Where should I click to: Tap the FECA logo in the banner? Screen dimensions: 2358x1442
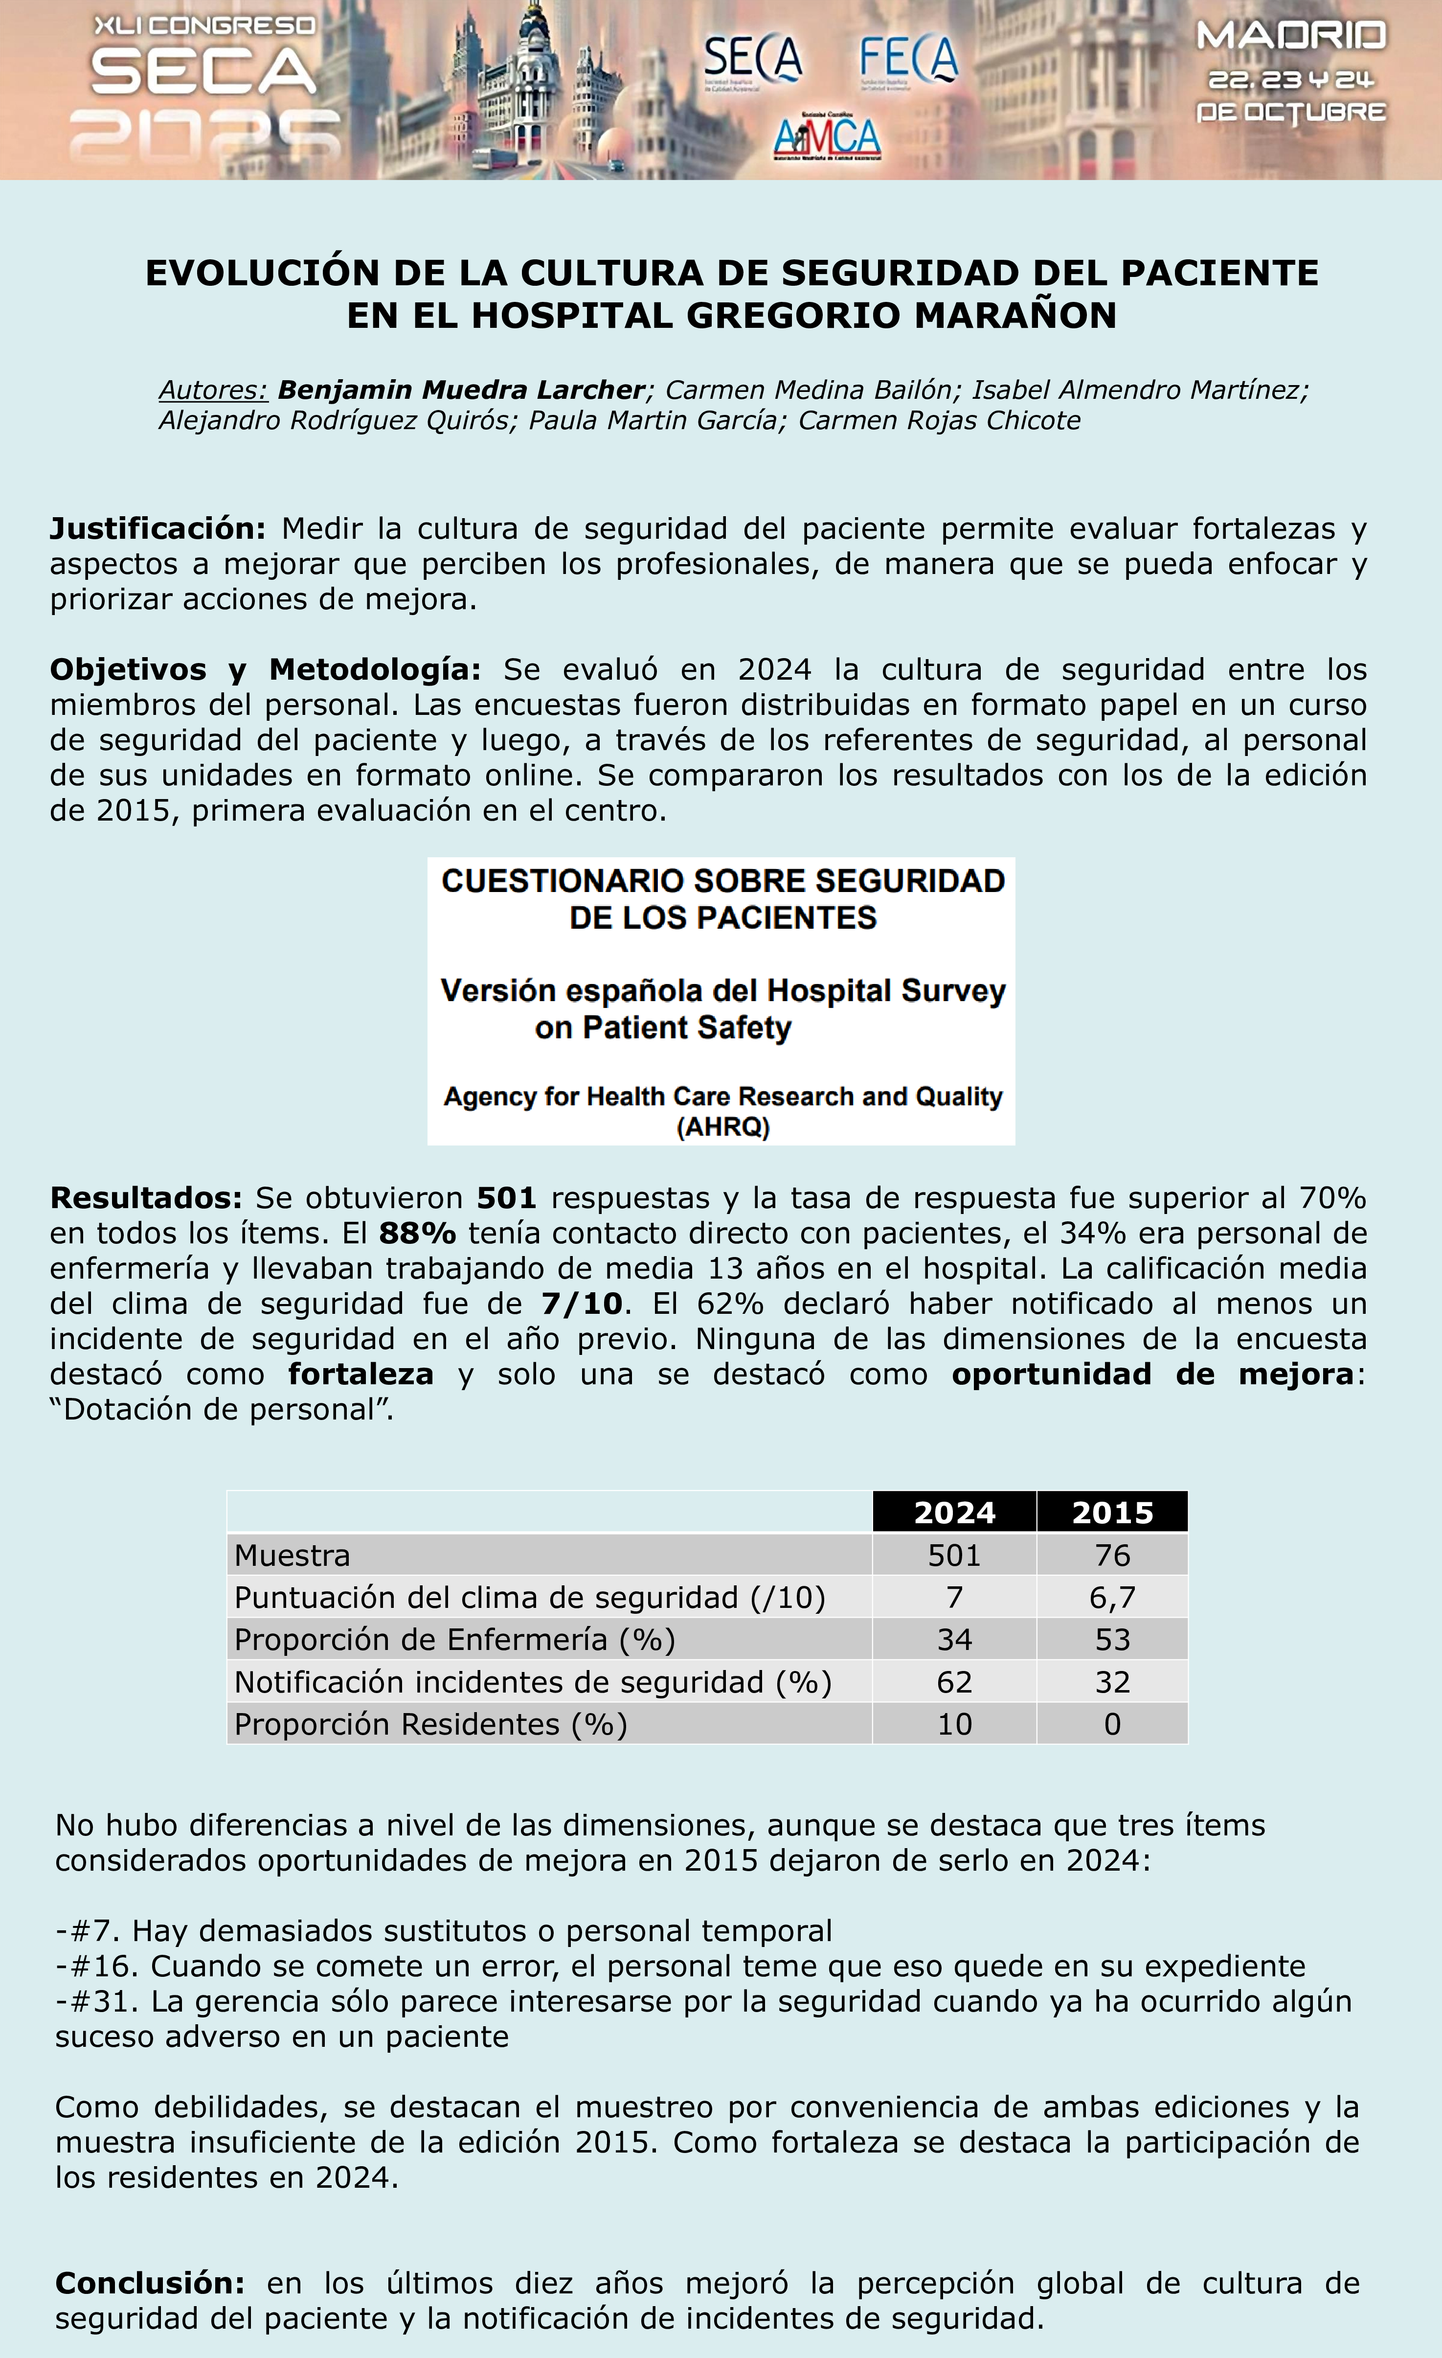(x=908, y=61)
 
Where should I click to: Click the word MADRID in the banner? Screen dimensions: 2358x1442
(x=1291, y=36)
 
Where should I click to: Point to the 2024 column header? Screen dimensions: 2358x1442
(x=954, y=1513)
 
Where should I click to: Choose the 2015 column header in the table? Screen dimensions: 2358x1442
(x=1112, y=1513)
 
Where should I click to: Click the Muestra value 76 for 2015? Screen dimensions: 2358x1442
(x=1112, y=1555)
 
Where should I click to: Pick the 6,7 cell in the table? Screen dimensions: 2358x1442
(x=1112, y=1597)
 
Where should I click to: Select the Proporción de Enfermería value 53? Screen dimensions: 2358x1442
(x=1112, y=1639)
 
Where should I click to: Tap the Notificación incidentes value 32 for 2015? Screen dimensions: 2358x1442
(x=1112, y=1681)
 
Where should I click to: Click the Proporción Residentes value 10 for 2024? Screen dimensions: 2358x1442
(x=954, y=1723)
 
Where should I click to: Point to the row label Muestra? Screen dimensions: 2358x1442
(x=292, y=1555)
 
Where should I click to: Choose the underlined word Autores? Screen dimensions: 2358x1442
(x=212, y=390)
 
